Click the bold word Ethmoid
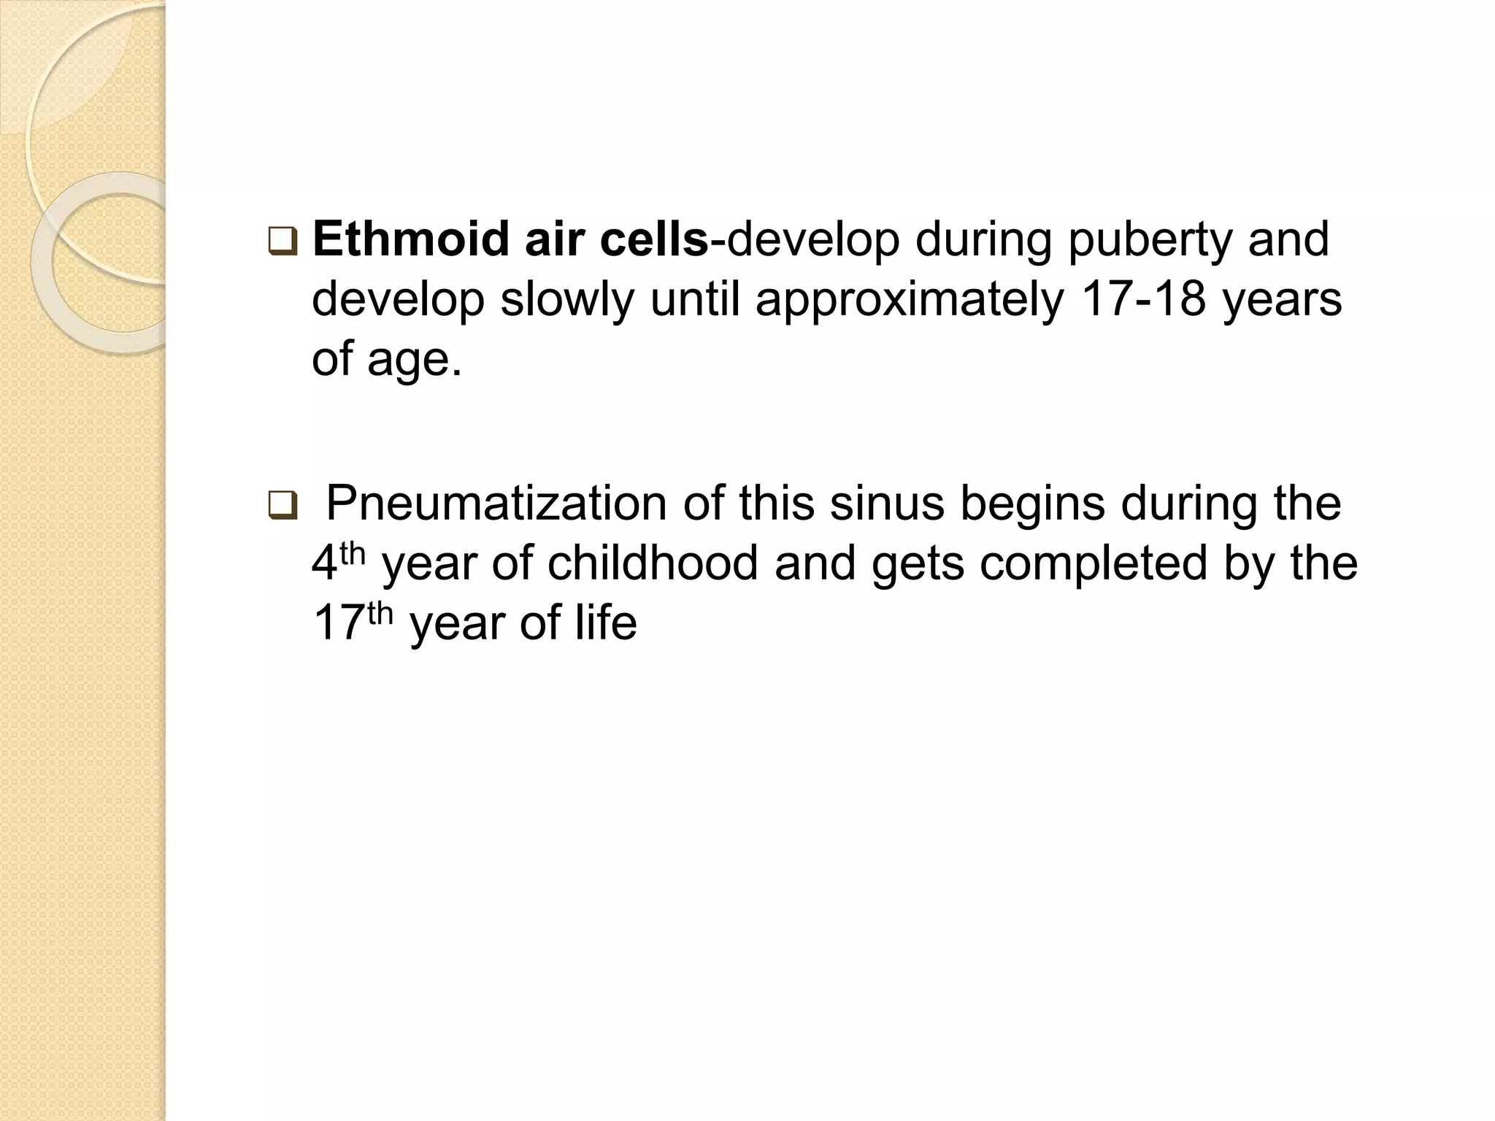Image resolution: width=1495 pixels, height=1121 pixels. [x=410, y=240]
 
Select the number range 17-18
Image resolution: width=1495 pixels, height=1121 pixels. [x=1143, y=299]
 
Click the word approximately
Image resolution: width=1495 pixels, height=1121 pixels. [x=909, y=301]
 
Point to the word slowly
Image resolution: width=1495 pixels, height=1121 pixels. [x=566, y=301]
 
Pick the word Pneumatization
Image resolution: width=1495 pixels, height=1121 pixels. [x=496, y=504]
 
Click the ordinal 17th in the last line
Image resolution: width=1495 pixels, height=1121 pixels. [x=353, y=622]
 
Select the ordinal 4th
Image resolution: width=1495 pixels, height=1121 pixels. [x=337, y=562]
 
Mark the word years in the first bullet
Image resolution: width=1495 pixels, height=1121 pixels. [x=1282, y=301]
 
